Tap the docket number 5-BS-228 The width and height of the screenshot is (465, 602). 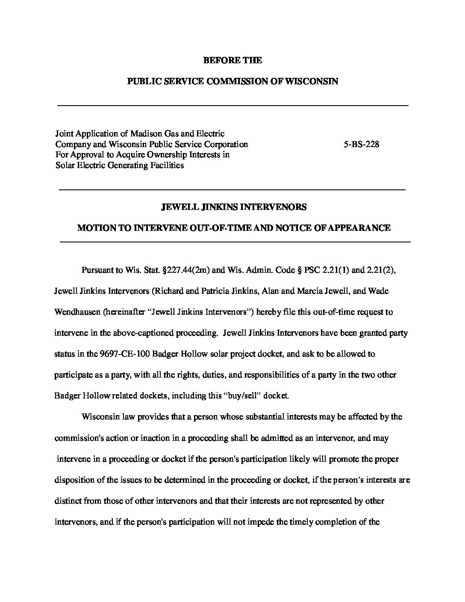pyautogui.click(x=361, y=144)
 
